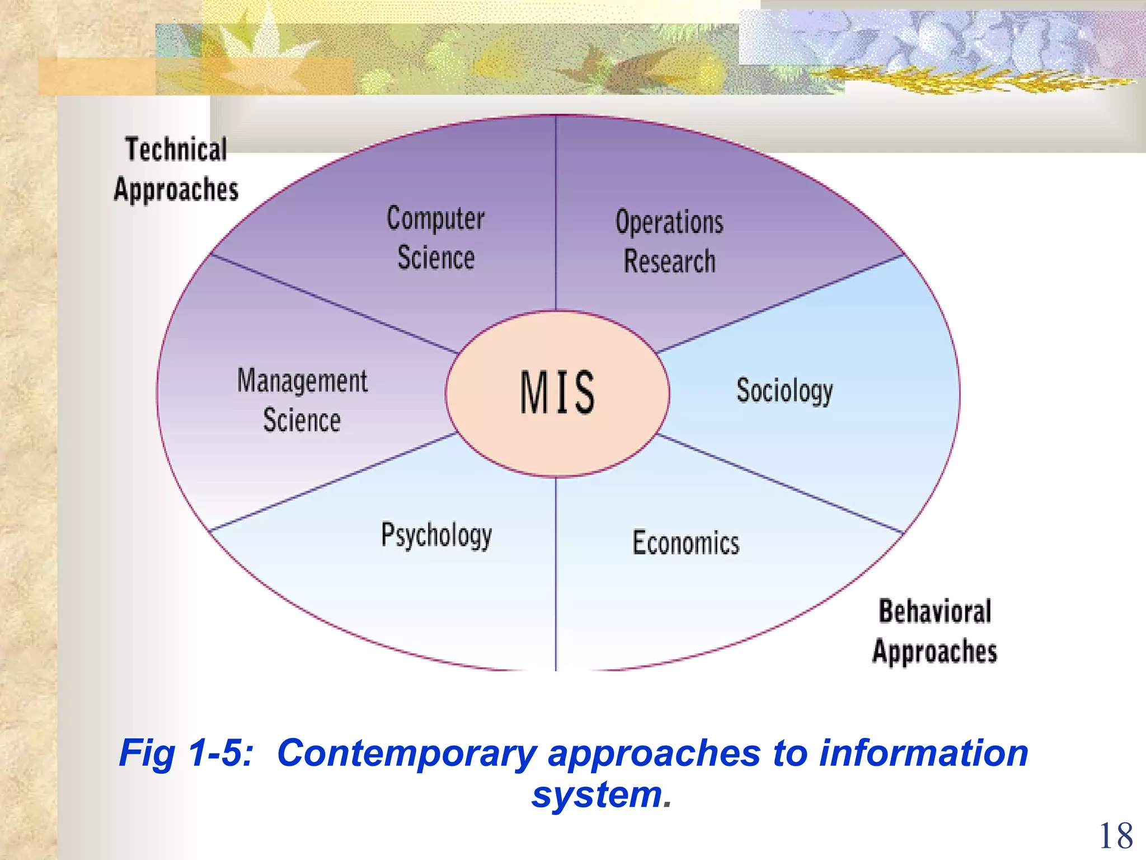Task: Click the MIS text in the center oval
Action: pos(557,392)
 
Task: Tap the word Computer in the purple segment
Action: pos(435,218)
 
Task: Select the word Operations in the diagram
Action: pos(669,222)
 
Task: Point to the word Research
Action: pos(669,261)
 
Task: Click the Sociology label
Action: pos(785,390)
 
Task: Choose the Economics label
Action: pos(686,543)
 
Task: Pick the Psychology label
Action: pos(436,535)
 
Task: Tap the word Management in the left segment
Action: pos(302,381)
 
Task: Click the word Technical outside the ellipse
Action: pos(176,149)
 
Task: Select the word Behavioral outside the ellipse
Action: pos(934,611)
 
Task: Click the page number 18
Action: pos(1116,836)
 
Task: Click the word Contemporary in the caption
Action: pos(407,754)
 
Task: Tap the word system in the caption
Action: pos(597,794)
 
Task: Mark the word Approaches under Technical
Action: pos(176,190)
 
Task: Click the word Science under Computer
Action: pos(436,258)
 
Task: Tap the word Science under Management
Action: pos(302,420)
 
